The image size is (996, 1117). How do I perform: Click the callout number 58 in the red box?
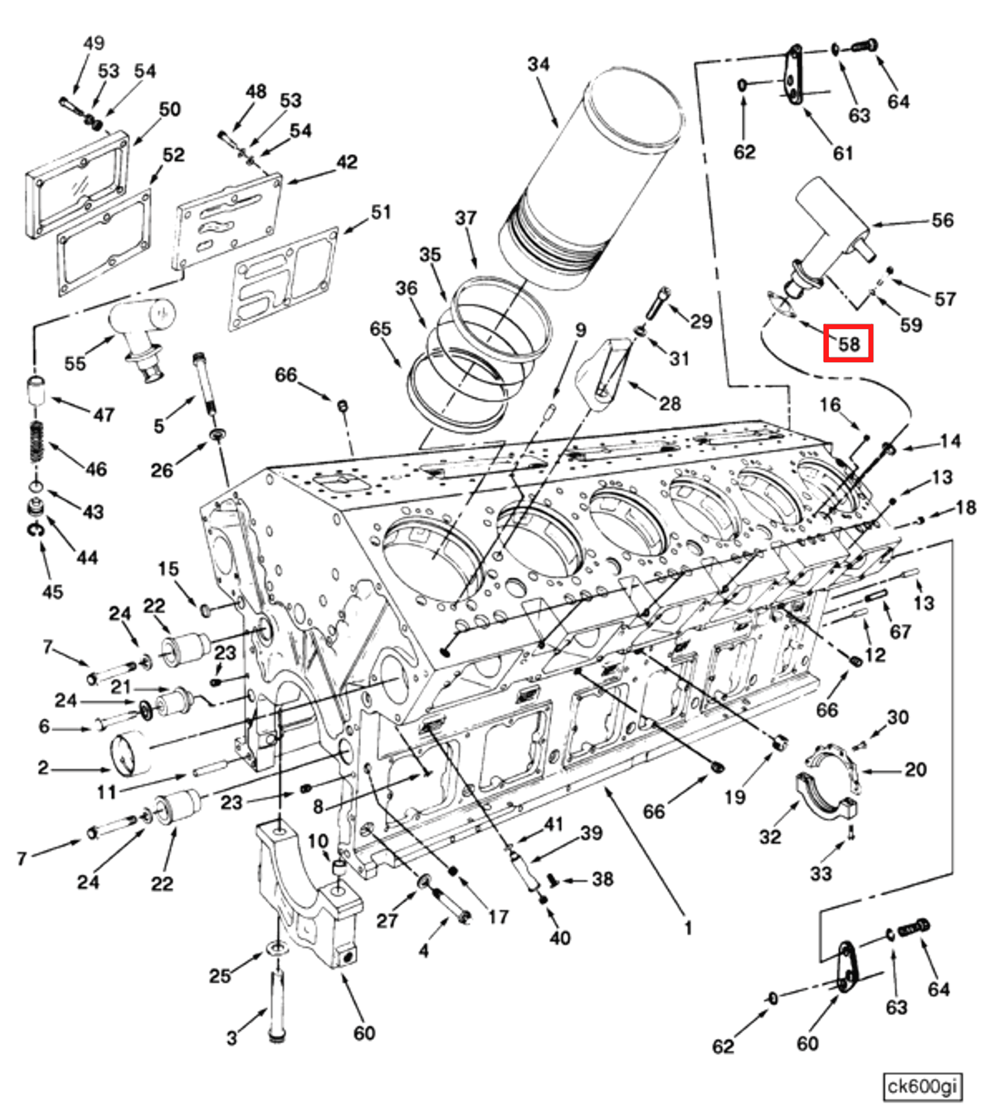coord(848,344)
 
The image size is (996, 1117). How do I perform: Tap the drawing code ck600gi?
coord(921,1087)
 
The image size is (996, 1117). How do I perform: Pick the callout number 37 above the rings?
coord(465,218)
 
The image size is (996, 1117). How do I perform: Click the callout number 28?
coord(670,404)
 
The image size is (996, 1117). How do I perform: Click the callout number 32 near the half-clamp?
coord(770,837)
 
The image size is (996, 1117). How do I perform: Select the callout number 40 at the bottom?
coord(560,938)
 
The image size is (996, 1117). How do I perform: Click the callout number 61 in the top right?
coord(842,153)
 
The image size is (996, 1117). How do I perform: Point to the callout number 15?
coord(168,569)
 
